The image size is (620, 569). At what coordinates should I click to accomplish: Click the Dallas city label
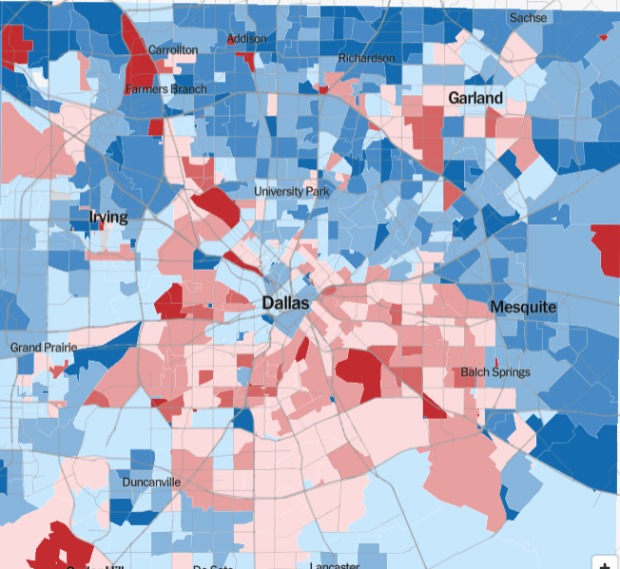coord(285,303)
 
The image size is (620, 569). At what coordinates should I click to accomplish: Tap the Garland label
coord(475,98)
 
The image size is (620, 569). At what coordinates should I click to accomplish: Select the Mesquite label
coord(523,307)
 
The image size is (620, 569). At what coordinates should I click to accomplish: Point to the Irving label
coord(108,218)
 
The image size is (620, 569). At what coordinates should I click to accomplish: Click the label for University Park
coord(292,191)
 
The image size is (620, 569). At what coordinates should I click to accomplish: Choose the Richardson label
coord(367,58)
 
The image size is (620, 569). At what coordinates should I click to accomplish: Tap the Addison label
coord(246,39)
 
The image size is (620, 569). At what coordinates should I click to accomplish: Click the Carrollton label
coord(173,48)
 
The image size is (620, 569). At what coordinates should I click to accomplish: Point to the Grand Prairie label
coord(41,348)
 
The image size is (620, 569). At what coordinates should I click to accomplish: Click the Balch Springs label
coord(495,372)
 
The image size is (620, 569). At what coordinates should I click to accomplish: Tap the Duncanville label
coord(152,483)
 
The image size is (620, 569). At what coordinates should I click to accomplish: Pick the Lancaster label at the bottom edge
coord(335,565)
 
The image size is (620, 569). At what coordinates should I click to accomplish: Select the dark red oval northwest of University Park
coord(217,206)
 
